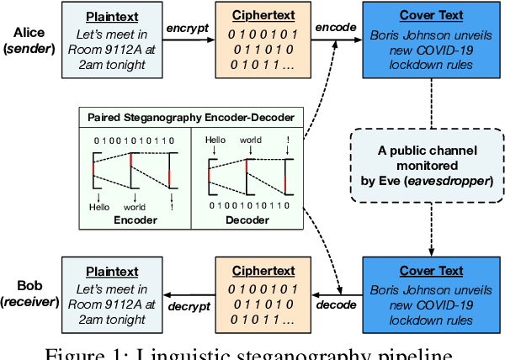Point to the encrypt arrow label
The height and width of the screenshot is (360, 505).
(x=186, y=27)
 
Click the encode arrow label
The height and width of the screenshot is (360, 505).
(x=335, y=27)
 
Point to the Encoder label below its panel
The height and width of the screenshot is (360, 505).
(x=136, y=220)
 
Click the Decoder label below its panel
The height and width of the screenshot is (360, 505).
(x=247, y=220)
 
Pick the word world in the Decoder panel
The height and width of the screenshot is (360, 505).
(x=250, y=140)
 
